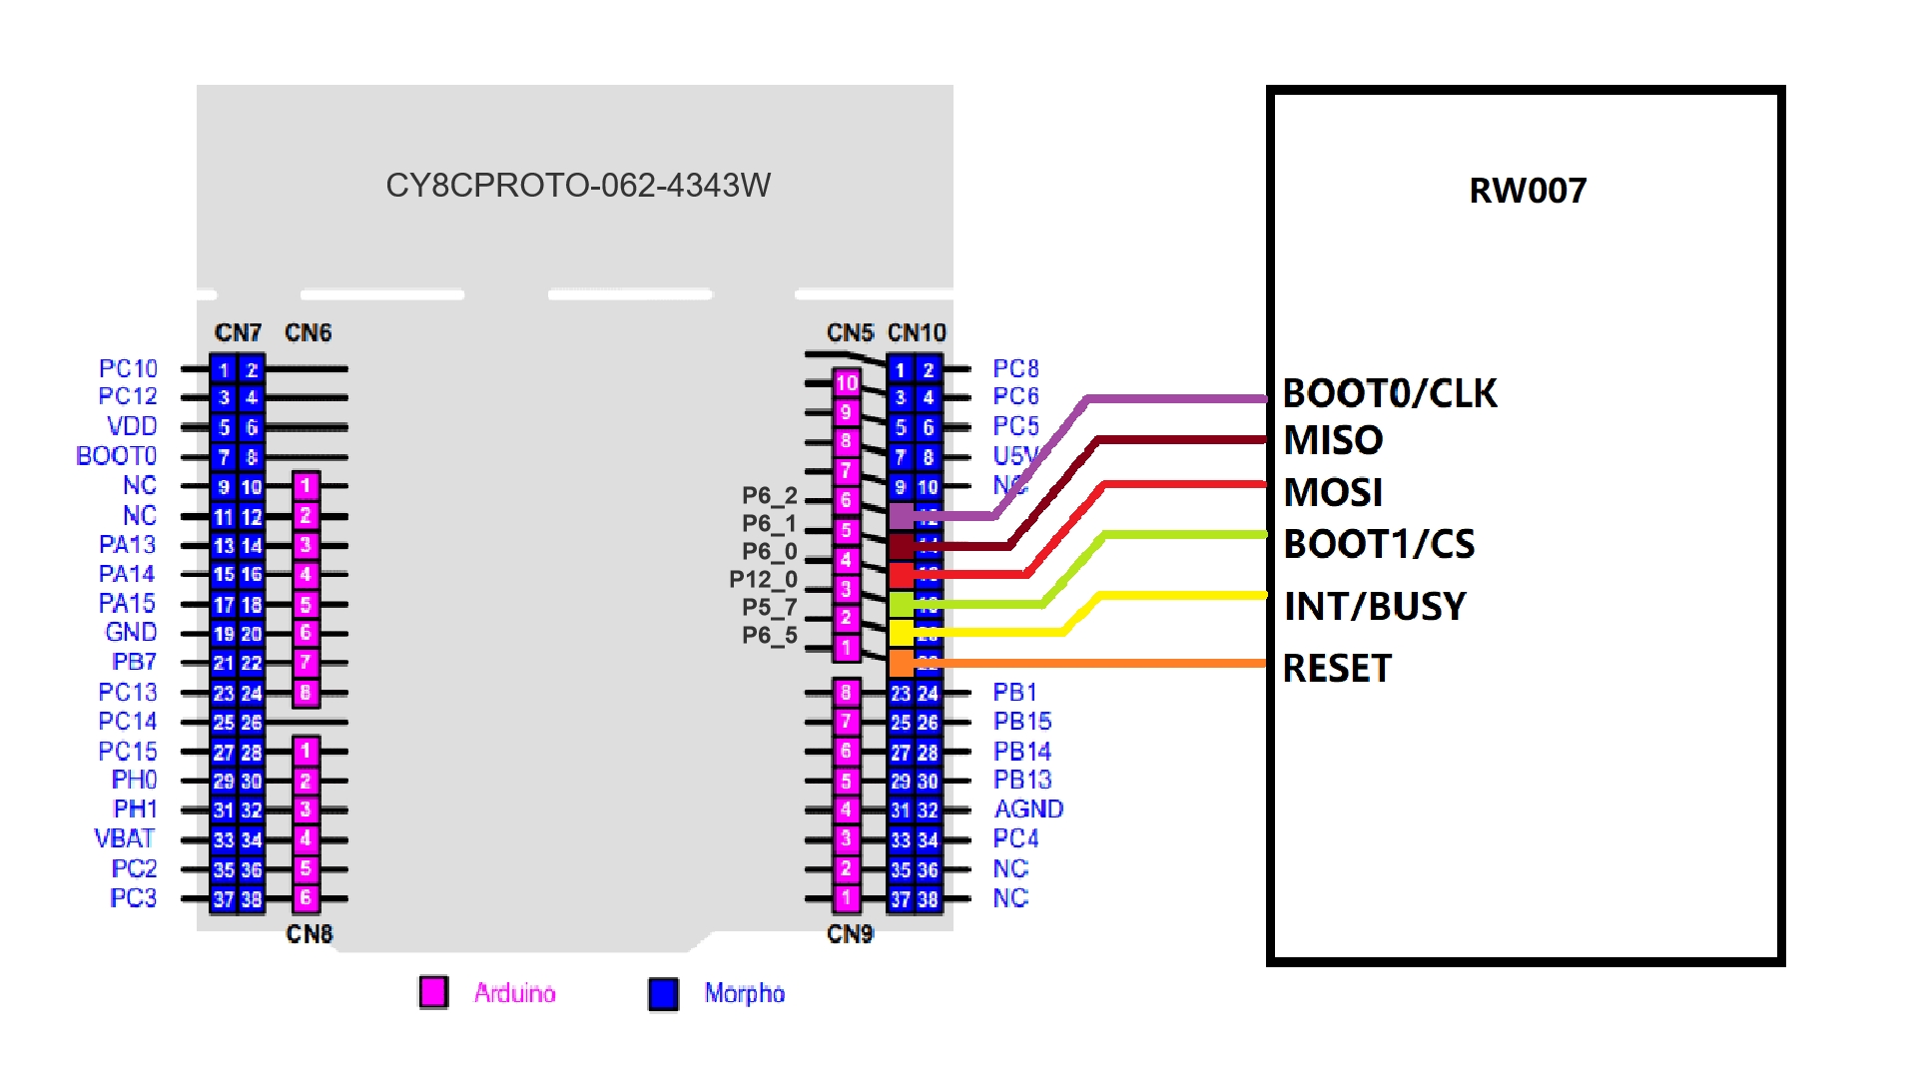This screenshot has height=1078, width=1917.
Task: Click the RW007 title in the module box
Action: tap(1528, 191)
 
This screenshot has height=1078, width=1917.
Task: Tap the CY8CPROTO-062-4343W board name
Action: tap(578, 186)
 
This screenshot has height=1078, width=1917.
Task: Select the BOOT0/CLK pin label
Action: tap(1389, 393)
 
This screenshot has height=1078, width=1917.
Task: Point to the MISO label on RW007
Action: tap(1333, 440)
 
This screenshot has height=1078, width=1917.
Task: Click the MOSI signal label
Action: tap(1333, 492)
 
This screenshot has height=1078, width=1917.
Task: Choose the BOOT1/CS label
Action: tap(1378, 544)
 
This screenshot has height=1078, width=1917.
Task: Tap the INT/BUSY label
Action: tap(1374, 606)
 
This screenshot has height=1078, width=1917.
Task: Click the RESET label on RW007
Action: tap(1336, 668)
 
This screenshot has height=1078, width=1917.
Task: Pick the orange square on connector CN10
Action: tap(901, 662)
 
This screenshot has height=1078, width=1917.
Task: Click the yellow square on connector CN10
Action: tap(901, 632)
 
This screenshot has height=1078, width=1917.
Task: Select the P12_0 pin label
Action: tap(763, 579)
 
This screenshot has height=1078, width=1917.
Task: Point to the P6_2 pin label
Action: tap(769, 495)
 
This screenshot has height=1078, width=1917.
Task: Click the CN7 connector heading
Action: tap(238, 332)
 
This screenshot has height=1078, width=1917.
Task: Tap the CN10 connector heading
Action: tap(917, 332)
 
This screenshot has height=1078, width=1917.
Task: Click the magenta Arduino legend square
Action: tap(433, 992)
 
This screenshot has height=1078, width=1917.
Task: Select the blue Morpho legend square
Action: tap(663, 993)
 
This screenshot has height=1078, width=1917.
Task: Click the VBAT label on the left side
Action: tap(125, 838)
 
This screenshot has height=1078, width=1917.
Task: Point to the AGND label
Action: tap(1028, 808)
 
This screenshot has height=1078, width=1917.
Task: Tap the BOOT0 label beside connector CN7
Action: tap(116, 456)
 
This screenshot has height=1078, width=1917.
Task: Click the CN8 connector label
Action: tap(309, 933)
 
